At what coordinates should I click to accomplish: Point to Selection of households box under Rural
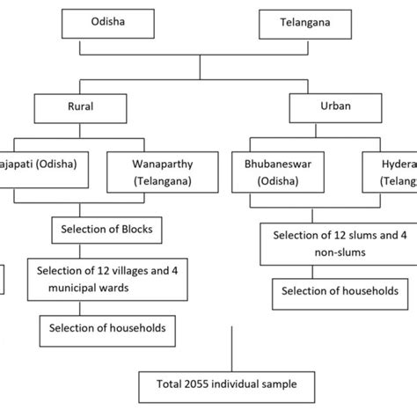pos(101,330)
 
